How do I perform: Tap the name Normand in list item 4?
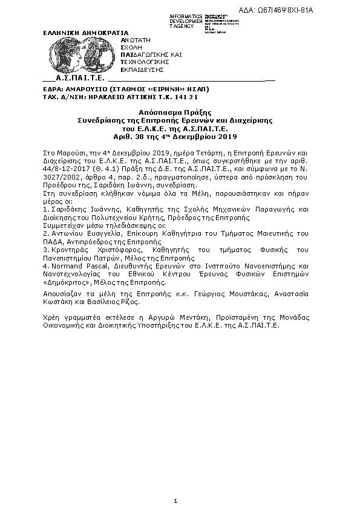click(x=66, y=265)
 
